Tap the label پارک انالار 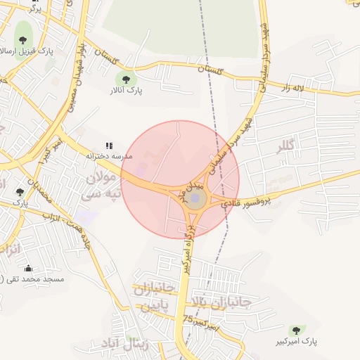[x=126, y=91]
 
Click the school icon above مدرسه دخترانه [x=109, y=146]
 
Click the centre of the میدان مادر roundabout [x=195, y=199]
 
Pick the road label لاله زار [x=296, y=88]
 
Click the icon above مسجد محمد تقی [x=28, y=268]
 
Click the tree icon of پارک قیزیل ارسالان [x=22, y=32]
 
